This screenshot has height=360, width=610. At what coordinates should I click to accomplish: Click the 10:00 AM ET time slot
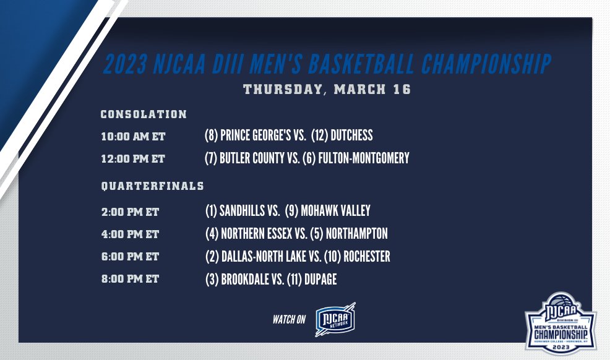click(133, 136)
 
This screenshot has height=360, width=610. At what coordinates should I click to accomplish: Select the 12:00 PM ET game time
click(133, 159)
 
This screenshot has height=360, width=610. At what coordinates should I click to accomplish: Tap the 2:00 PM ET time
click(130, 212)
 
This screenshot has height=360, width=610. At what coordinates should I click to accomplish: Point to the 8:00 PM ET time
click(130, 280)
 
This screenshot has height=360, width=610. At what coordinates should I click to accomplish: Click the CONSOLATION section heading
click(144, 114)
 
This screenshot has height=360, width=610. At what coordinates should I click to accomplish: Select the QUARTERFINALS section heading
click(152, 186)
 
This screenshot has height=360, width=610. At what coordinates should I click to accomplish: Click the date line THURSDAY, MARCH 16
click(327, 89)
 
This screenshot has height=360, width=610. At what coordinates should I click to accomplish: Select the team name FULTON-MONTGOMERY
click(364, 158)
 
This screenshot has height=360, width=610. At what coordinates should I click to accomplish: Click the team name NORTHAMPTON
click(358, 234)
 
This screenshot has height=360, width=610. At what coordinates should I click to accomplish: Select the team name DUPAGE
click(320, 280)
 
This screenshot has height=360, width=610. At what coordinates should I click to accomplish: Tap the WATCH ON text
click(290, 319)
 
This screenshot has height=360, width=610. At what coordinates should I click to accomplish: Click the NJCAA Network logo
click(335, 319)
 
